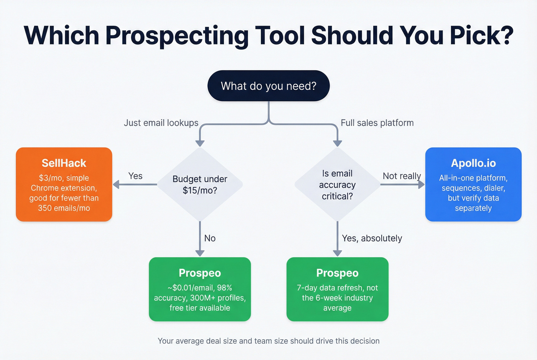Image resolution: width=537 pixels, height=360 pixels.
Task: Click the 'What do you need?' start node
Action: [268, 86]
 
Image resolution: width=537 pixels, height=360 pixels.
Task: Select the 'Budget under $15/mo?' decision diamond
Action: [200, 184]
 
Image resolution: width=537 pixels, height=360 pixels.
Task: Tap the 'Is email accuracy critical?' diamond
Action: [337, 184]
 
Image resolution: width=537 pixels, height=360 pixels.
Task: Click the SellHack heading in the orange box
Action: [64, 163]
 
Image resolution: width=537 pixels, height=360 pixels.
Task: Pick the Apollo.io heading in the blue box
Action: [473, 163]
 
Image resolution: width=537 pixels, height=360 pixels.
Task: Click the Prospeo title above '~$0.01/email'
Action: [200, 273]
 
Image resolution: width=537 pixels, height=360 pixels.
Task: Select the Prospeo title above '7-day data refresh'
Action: [337, 273]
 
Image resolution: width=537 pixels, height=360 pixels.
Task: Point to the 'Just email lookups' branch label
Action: [161, 123]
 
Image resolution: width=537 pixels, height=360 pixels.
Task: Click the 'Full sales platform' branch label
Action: [377, 123]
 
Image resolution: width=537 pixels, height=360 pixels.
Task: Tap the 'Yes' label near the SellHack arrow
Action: [135, 176]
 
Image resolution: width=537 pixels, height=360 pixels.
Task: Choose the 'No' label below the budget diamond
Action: [210, 238]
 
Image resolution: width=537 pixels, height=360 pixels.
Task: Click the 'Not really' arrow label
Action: [402, 176]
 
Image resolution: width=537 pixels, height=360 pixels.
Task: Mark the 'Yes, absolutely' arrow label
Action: [372, 238]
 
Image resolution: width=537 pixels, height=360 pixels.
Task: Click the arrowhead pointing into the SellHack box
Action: [116, 184]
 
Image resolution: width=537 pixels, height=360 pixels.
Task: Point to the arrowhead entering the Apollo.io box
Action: [421, 184]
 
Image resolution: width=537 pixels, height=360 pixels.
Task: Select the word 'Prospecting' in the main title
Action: [177, 35]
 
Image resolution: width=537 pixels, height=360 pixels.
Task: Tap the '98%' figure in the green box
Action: [224, 288]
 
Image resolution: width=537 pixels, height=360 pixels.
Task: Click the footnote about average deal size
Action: [268, 341]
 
